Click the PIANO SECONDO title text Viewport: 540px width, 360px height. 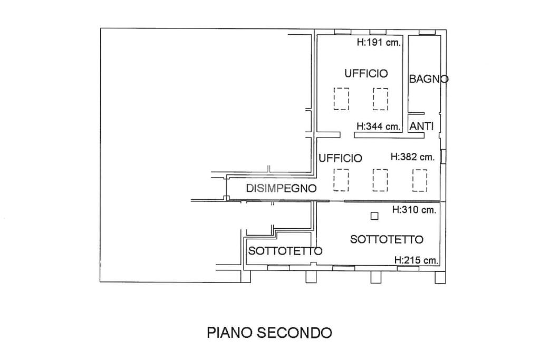pos(269,333)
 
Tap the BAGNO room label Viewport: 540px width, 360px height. pos(429,79)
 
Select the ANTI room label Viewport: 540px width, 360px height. pos(421,127)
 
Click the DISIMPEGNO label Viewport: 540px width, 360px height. pos(281,188)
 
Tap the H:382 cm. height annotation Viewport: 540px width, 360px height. pos(412,157)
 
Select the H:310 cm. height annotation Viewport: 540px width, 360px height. pos(414,210)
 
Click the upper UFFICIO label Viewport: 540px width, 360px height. pos(366,73)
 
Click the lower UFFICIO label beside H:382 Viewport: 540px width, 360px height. pos(340,158)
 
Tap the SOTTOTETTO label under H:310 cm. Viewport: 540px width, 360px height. pos(387,239)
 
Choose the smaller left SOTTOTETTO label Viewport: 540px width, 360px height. pos(285,251)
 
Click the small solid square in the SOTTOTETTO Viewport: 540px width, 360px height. pos(374,216)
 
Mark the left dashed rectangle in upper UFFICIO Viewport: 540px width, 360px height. pos(341,99)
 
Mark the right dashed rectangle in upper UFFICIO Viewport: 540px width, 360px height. pos(380,99)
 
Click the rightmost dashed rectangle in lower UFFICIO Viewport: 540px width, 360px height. pos(420,180)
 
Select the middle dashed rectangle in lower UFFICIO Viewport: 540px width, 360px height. pos(380,180)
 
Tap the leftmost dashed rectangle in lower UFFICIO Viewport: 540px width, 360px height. pos(341,180)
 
